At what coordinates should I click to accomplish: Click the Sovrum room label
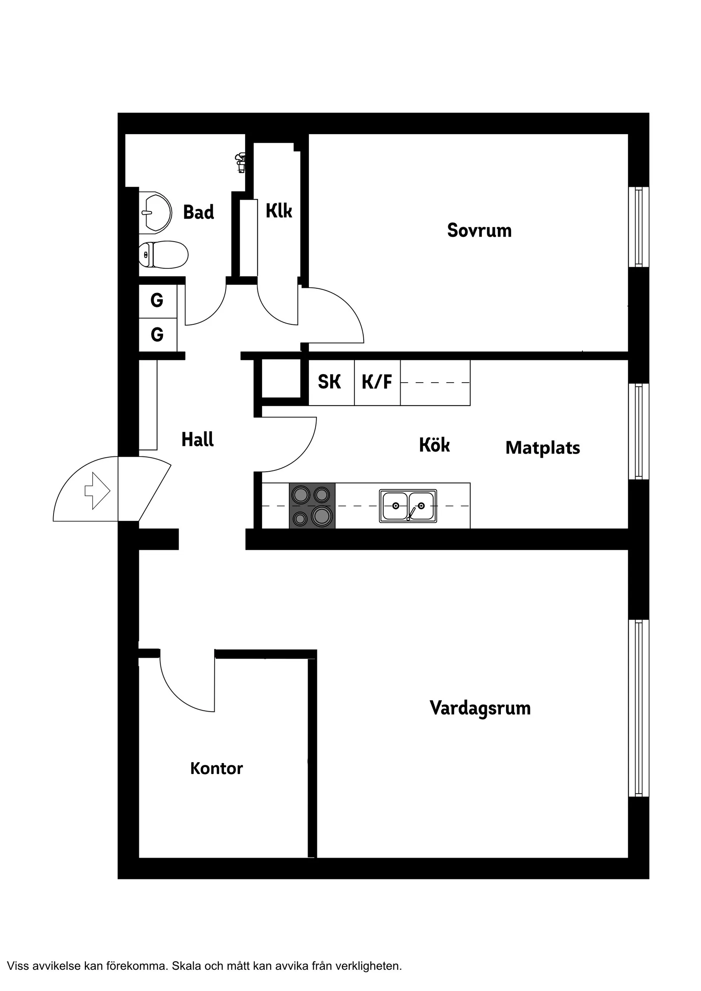coord(479,231)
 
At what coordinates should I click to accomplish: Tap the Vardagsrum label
coord(480,708)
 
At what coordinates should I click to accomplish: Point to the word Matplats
coord(543,448)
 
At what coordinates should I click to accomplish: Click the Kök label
coord(434,445)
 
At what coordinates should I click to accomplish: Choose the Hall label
coord(198,439)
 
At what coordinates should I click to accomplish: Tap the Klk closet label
coord(279,211)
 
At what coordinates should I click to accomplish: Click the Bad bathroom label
coord(198,212)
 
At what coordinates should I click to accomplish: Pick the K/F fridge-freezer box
coord(377,383)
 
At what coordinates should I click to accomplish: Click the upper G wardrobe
coord(157,301)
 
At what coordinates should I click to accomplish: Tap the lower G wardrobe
coord(157,335)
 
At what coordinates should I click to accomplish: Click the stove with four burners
coord(312,505)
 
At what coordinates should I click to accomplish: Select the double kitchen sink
coord(408,505)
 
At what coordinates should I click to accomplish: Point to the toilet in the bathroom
coord(163,255)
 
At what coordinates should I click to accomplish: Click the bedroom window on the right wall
coord(639,227)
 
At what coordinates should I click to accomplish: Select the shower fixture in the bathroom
coord(240,162)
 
